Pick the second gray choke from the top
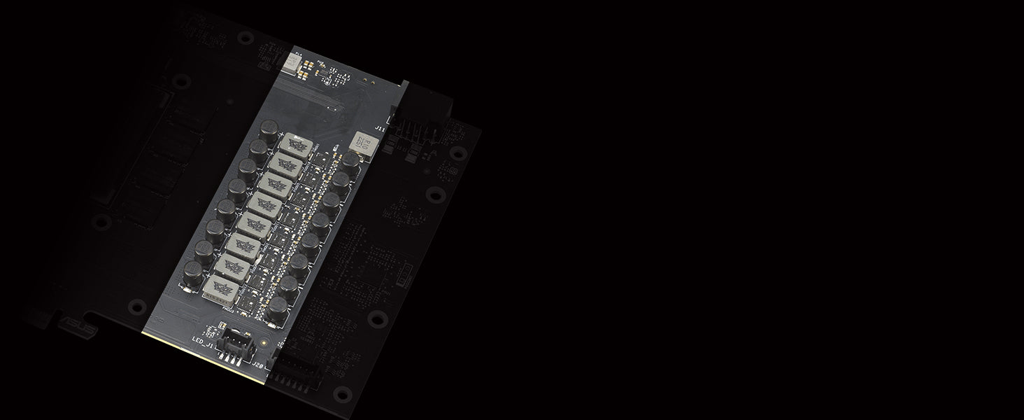point(285,165)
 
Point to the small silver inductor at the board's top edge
point(289,63)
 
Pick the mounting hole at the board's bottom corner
point(342,393)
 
